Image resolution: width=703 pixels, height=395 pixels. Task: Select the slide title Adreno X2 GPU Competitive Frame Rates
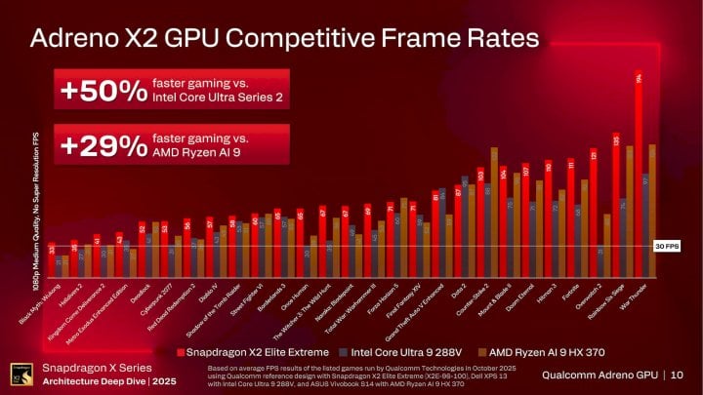coord(284,39)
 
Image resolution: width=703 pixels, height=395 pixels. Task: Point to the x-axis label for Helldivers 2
coord(61,296)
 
